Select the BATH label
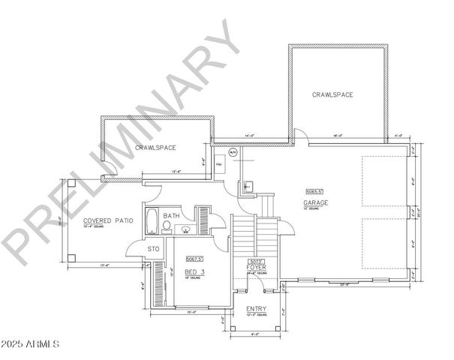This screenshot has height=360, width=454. [172, 216]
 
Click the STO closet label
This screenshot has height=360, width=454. [154, 248]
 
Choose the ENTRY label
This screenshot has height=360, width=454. [256, 309]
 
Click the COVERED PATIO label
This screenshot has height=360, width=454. [109, 221]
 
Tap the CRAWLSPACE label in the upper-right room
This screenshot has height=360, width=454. [332, 94]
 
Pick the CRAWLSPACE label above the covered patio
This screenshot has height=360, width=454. [155, 148]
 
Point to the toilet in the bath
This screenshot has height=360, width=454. [167, 225]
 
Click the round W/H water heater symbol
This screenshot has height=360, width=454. [233, 153]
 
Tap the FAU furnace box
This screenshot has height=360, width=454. [219, 163]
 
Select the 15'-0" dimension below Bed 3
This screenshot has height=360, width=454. [191, 313]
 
